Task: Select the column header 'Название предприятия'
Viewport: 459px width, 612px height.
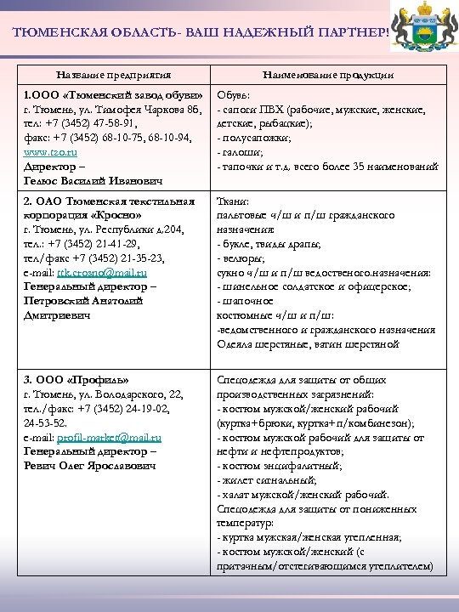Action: point(114,75)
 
